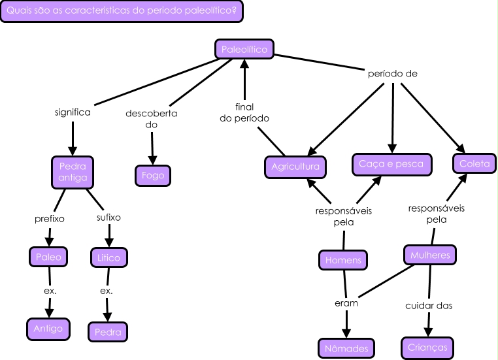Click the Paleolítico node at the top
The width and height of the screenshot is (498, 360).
pos(244,49)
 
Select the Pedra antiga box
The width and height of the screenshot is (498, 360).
pos(72,171)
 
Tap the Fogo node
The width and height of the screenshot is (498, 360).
pos(153,175)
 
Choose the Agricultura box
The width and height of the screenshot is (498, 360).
pos(295,167)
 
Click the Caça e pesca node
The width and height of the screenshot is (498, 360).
pos(391,164)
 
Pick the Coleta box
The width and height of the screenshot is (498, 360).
pos(474,164)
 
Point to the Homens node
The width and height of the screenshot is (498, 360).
pos(343,260)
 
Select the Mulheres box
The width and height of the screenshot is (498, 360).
pos(429,255)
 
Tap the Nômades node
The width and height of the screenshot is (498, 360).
pos(346,348)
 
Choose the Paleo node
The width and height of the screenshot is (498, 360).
pos(49,257)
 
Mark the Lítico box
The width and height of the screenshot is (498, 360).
pos(108,258)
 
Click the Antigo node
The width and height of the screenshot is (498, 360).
pos(49,329)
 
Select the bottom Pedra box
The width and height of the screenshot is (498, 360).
pos(108,332)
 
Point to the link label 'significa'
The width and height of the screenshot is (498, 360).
pos(73,112)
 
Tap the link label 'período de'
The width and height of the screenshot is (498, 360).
pos(393,74)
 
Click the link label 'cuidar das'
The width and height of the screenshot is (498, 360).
pos(429,305)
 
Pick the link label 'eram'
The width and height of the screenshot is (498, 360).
pos(346,303)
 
